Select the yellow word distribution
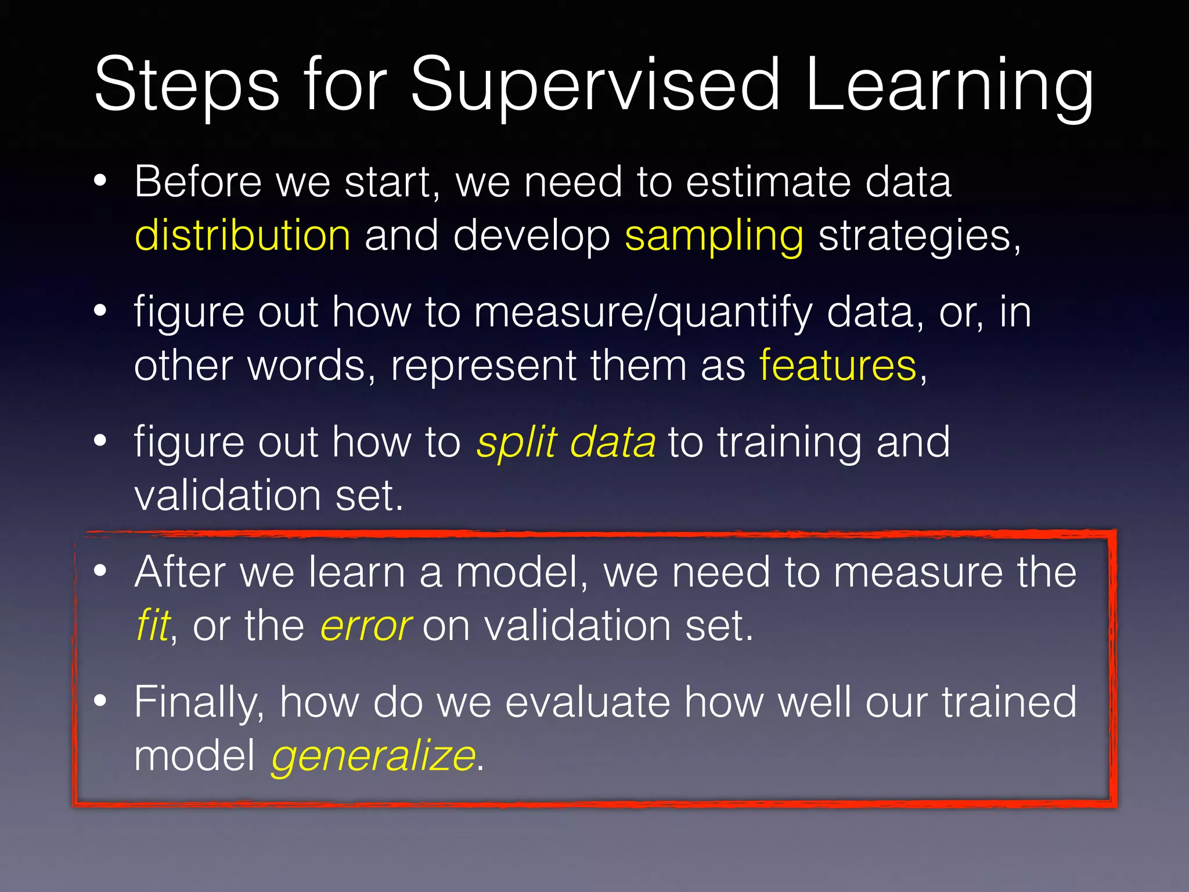coord(242,236)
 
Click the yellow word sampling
coord(714,236)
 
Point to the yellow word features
coord(838,366)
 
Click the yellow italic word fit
coord(153,625)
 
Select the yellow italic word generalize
coord(373,756)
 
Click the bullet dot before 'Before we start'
coord(100,181)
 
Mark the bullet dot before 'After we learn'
coord(100,571)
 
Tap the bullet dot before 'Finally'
coord(100,701)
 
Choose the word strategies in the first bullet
coord(919,236)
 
